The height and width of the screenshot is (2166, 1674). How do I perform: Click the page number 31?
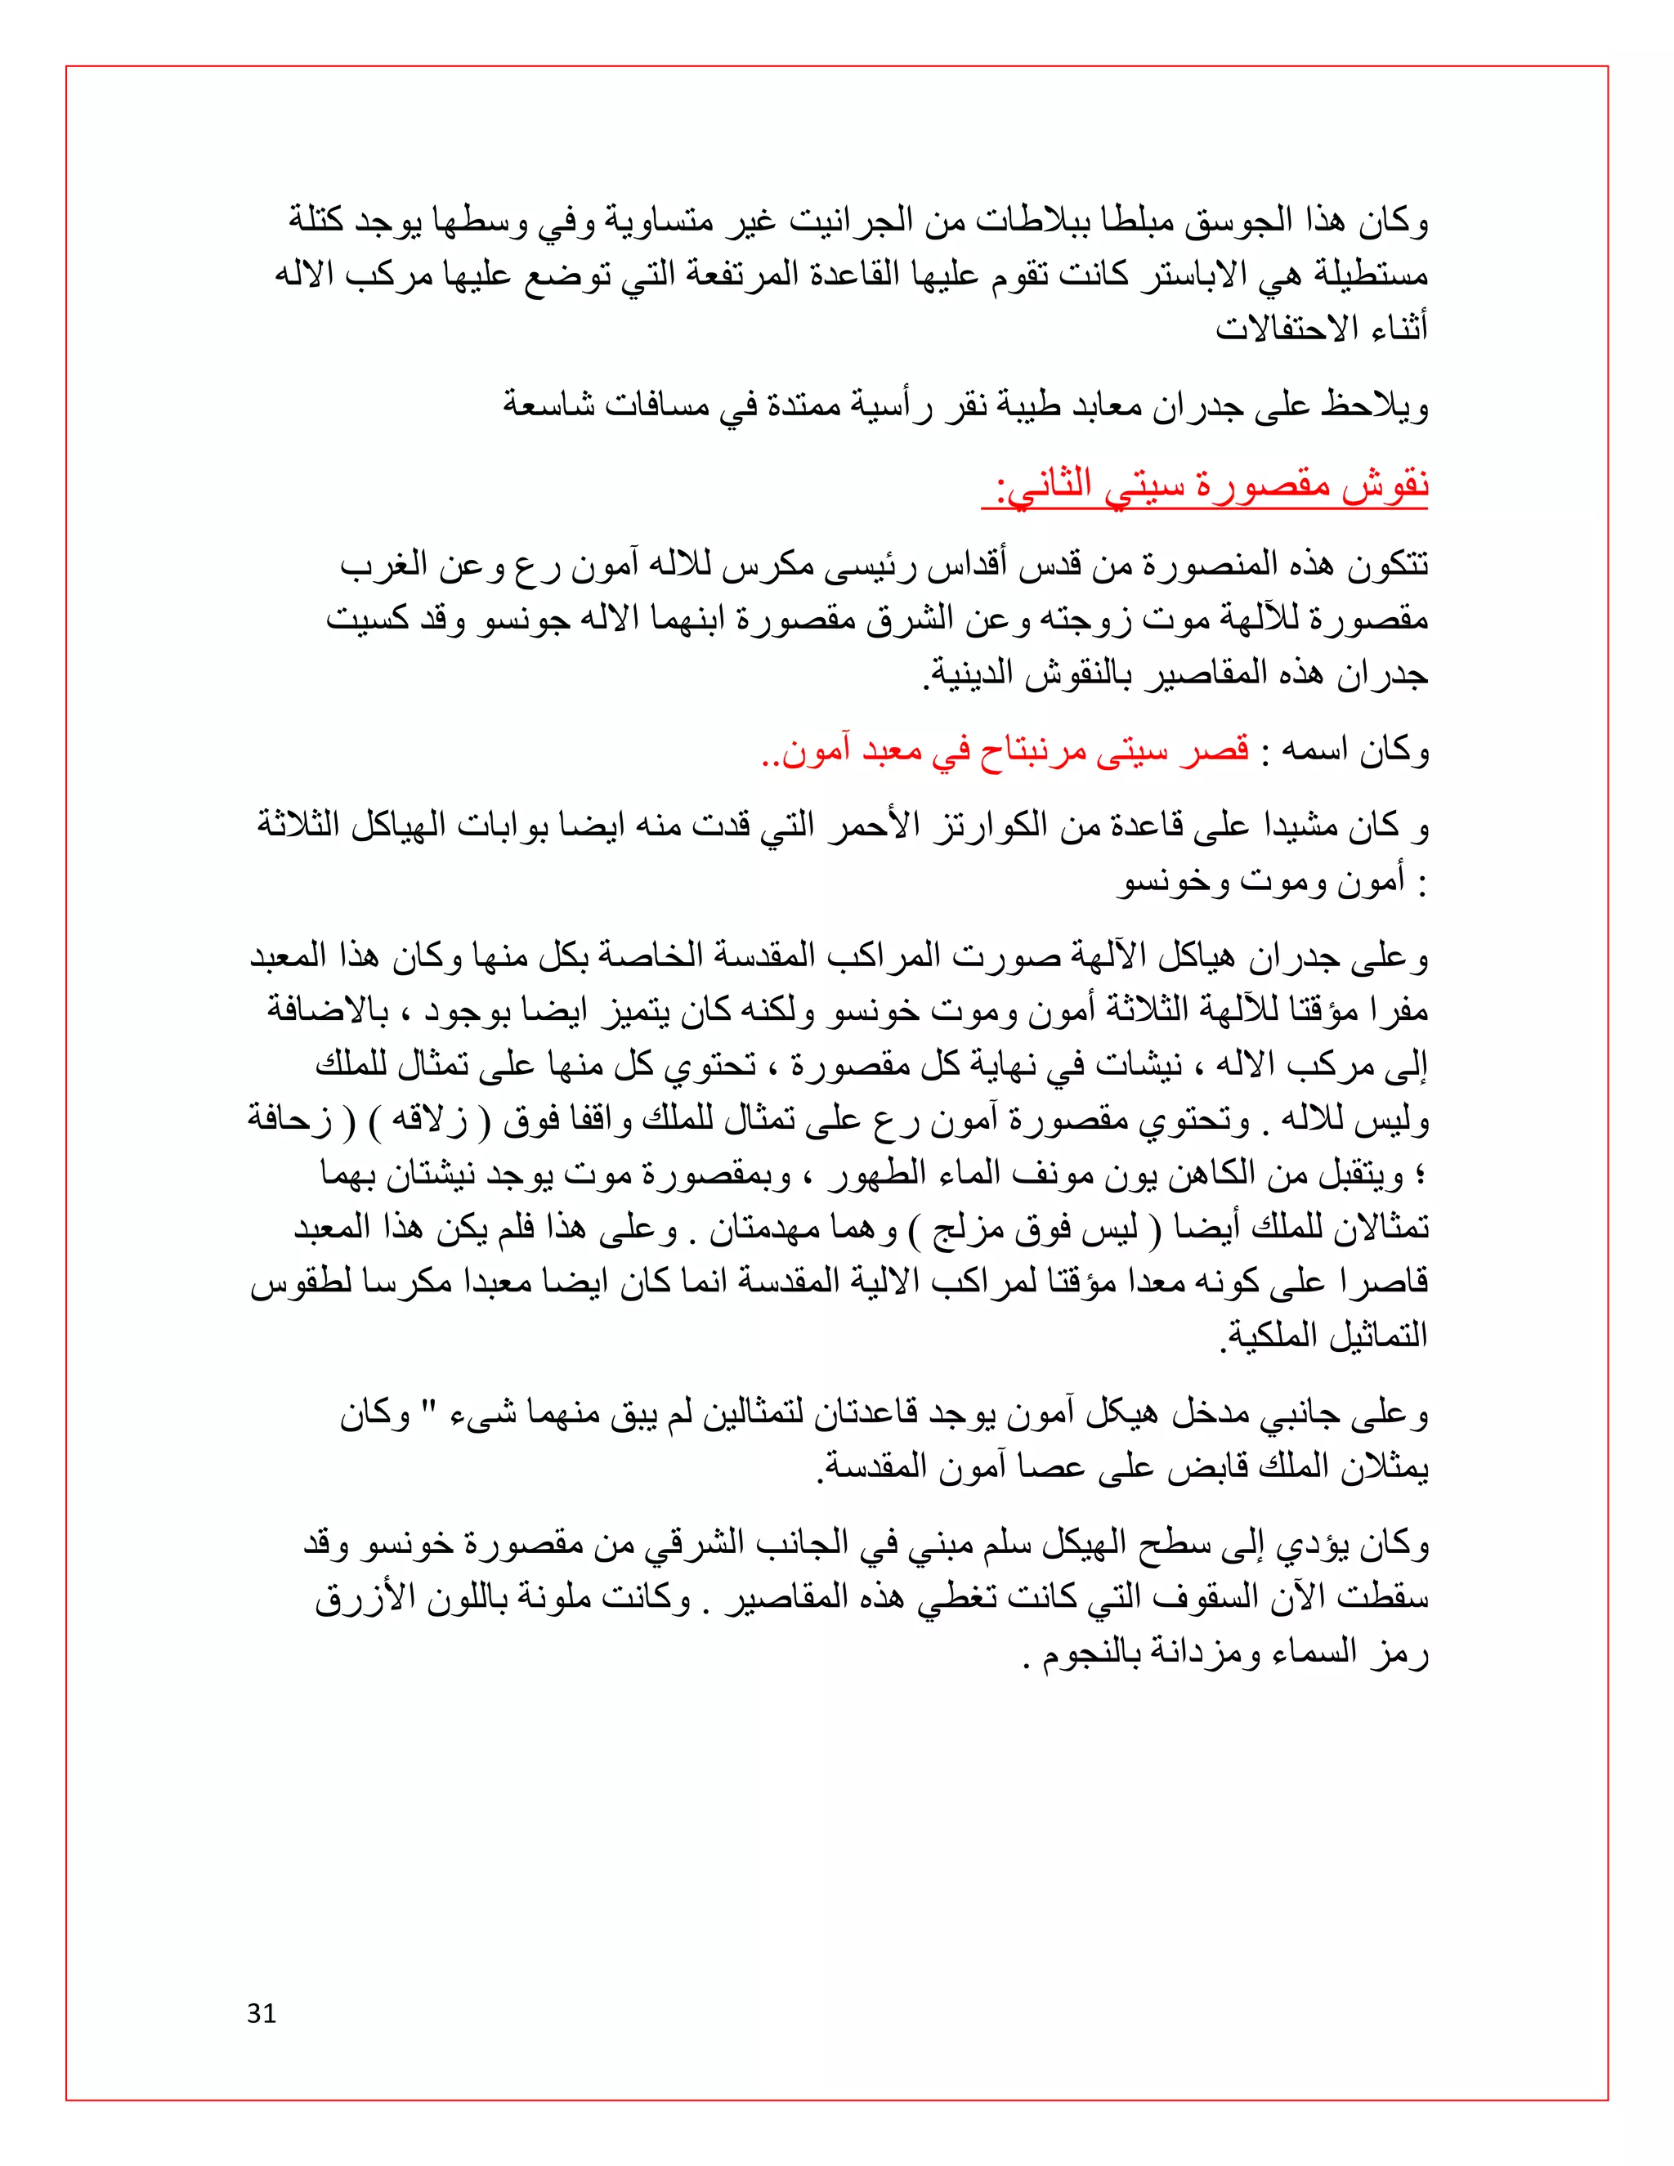point(262,2013)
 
